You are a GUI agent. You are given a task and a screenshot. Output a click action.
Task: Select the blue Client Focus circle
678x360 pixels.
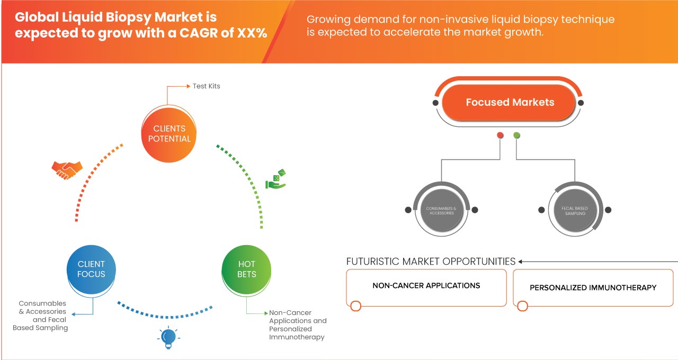click(91, 269)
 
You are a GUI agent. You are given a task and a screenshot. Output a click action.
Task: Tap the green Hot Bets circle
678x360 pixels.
click(247, 269)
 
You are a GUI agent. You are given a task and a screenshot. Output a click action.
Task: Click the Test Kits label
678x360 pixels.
click(206, 86)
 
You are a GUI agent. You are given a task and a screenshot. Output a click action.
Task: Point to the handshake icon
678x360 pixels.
click(67, 169)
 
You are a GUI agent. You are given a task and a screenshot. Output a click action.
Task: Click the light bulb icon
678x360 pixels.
click(168, 338)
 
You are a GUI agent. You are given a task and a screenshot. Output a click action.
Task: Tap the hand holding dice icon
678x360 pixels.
click(275, 180)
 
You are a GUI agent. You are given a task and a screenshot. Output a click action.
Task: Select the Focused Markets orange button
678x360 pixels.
click(510, 103)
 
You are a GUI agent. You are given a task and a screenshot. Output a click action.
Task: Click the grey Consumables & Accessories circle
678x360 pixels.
click(441, 210)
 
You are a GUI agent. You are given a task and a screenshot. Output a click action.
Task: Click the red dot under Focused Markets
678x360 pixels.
click(500, 136)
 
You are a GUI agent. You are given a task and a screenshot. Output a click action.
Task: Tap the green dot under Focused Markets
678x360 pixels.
click(517, 136)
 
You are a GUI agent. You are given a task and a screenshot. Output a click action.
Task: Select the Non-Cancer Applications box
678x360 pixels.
click(426, 287)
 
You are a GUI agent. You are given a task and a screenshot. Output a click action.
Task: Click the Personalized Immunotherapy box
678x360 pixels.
click(593, 288)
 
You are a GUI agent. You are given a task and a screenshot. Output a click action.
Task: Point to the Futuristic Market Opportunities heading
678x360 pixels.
click(431, 262)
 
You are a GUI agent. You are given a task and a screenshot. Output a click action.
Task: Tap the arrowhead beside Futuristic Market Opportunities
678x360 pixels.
click(521, 262)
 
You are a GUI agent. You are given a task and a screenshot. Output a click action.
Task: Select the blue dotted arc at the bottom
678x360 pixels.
click(165, 317)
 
